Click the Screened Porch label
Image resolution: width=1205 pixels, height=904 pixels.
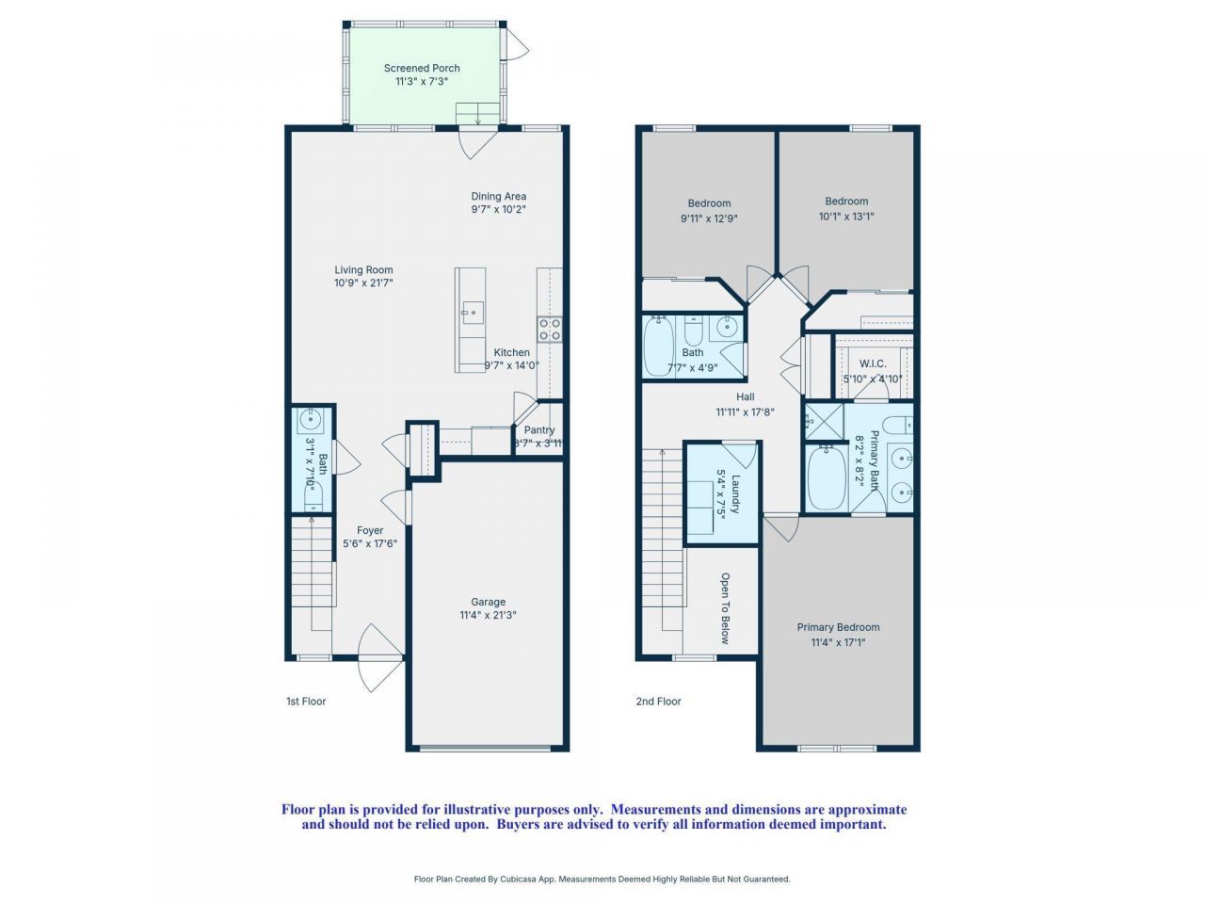point(422,68)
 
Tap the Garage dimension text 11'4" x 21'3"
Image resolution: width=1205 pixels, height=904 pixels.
point(488,616)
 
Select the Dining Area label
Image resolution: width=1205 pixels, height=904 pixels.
point(498,197)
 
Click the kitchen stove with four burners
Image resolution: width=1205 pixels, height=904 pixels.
point(550,329)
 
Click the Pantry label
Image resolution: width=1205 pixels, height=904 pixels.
point(539,430)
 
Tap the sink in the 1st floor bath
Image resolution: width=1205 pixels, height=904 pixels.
point(310,418)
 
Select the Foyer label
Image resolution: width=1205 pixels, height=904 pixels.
point(370,530)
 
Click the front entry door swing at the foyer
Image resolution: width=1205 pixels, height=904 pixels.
point(380,654)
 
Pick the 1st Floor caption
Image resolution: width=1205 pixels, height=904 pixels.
point(306,702)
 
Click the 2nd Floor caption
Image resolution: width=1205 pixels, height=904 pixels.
point(658,702)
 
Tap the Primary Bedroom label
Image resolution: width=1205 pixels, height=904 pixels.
point(838,627)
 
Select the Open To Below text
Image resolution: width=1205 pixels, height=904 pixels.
point(726,608)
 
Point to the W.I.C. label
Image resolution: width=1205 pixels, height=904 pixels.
point(873,363)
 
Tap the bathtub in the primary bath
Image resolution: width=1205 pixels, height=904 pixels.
point(827,479)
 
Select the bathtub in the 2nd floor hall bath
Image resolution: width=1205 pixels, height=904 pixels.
point(656,347)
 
